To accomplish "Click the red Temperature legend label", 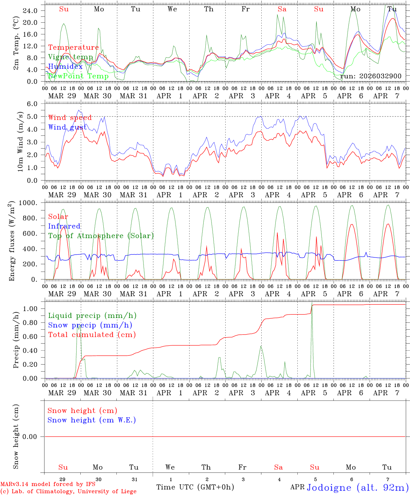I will tap(73, 47).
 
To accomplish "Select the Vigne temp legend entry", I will tap(70, 57).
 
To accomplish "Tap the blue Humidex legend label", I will tap(65, 66).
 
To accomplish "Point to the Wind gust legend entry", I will tap(67, 127).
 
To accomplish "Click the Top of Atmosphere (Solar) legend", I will tap(101, 236).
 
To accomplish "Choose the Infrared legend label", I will tap(64, 226).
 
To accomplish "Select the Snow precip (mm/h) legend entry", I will tap(90, 325).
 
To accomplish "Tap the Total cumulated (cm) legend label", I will tap(92, 334).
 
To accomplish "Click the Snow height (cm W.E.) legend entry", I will tap(91, 420).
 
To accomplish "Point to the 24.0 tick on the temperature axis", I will tap(30, 11).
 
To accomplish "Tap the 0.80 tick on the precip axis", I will tap(30, 323).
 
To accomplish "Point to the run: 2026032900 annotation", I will tap(371, 76).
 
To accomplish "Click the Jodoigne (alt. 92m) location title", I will tap(357, 487).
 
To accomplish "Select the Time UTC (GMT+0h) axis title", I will tap(195, 487).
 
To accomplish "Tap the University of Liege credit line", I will tap(68, 491).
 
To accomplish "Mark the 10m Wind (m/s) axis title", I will tap(20, 142).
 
